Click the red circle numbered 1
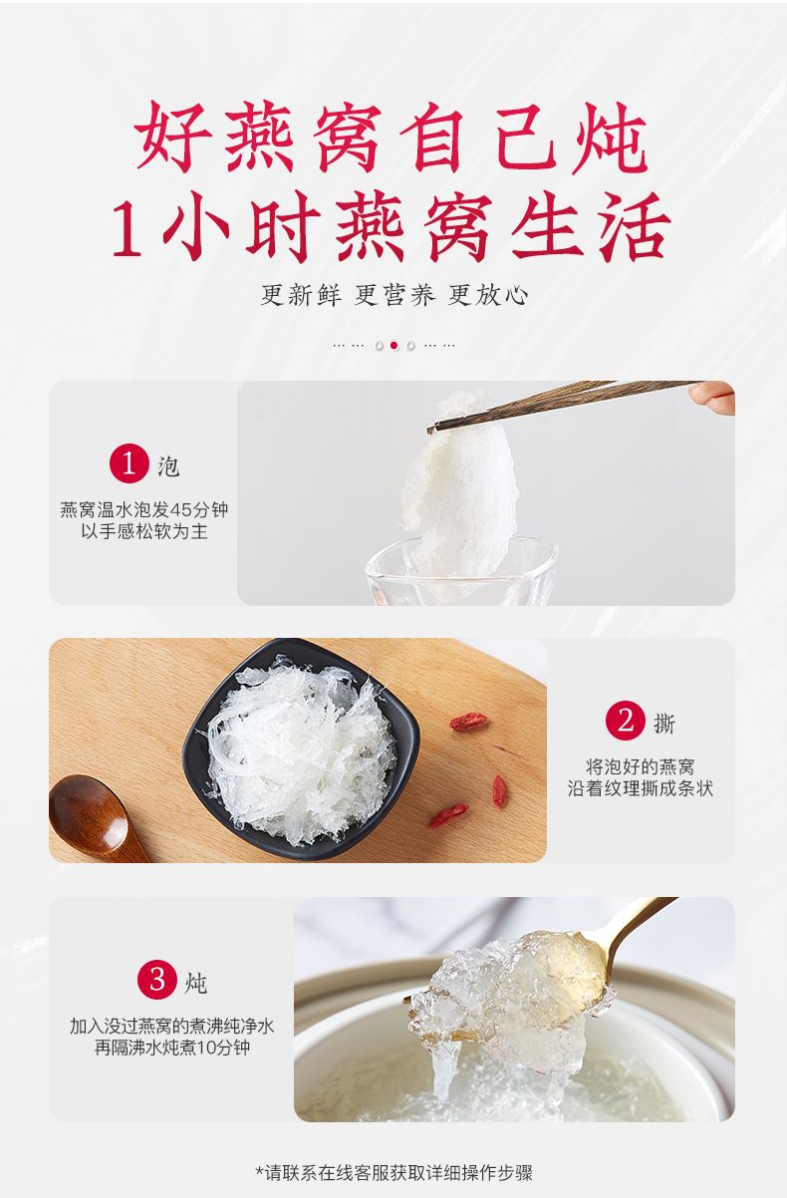(129, 463)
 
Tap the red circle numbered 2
(625, 721)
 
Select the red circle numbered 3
(157, 980)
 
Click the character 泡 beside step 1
(168, 466)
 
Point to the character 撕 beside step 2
(664, 724)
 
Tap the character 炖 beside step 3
(196, 983)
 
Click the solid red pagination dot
(394, 346)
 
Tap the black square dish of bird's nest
(301, 748)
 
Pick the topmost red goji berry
(468, 722)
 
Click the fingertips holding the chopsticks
(713, 397)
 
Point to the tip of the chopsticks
(429, 429)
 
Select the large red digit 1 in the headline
(128, 228)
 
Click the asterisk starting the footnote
(260, 1171)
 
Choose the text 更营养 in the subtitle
(394, 295)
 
